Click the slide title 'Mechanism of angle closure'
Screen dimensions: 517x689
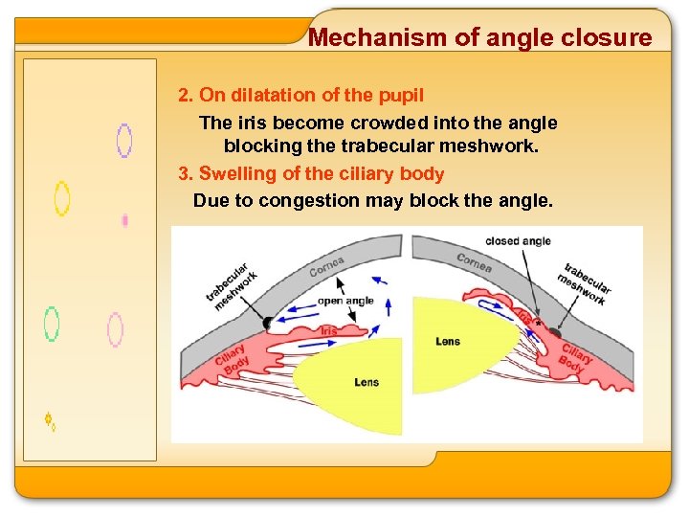480,38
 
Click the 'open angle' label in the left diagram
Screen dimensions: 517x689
345,301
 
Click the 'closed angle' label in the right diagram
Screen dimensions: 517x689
518,241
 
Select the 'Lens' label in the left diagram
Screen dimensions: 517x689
367,382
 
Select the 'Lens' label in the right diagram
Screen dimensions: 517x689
448,341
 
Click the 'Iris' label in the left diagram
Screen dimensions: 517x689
328,330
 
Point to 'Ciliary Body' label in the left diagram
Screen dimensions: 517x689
232,357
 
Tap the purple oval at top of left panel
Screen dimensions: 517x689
123,140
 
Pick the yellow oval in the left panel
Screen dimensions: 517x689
62,198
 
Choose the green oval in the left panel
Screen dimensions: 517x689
52,325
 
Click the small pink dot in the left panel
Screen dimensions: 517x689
125,221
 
